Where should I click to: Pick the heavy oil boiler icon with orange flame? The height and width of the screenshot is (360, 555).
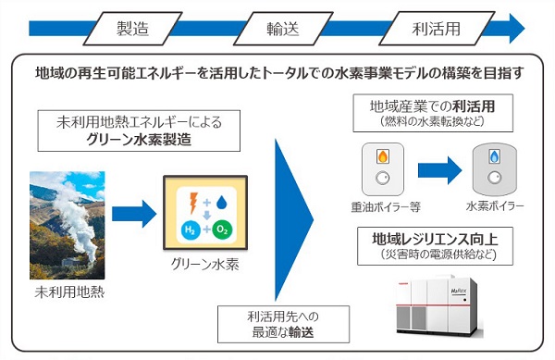[381, 166]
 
